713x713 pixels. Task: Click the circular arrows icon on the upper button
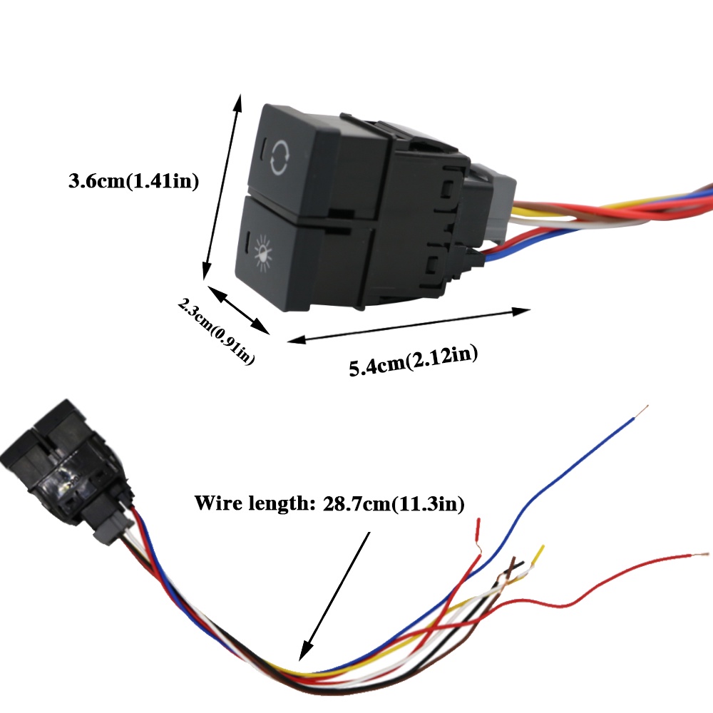tap(279, 158)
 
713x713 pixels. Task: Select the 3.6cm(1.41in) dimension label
tap(134, 180)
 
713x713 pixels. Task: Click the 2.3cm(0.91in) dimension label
tap(216, 331)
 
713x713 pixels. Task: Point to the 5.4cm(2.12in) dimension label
tap(414, 361)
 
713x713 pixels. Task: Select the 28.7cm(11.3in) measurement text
tap(394, 504)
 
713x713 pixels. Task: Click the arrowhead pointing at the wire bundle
tap(306, 650)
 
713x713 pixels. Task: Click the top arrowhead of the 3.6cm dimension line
tap(238, 103)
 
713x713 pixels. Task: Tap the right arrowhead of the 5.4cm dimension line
tap(521, 312)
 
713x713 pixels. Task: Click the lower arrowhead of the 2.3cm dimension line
tap(260, 327)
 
